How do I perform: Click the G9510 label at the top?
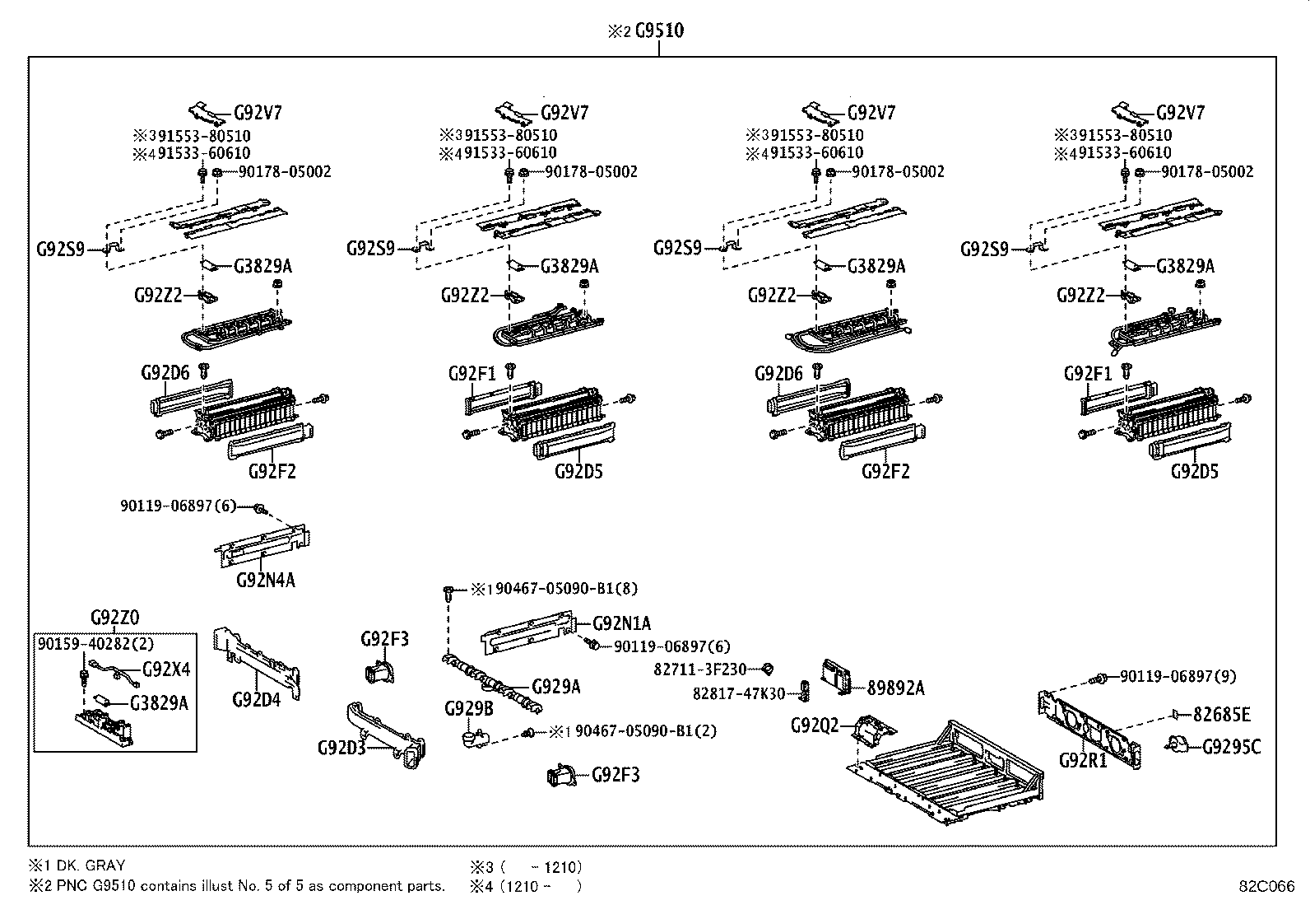[659, 30]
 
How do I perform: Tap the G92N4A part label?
[265, 580]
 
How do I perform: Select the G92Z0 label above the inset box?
[114, 618]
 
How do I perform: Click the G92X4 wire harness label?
[165, 669]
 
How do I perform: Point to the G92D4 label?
[256, 699]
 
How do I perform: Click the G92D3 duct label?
[341, 748]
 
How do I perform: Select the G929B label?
[468, 708]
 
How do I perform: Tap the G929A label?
[555, 686]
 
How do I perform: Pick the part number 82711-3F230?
[699, 670]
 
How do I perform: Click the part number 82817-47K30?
[738, 693]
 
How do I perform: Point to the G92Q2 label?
[815, 725]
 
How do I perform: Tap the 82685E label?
[1221, 714]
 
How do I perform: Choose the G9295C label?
[1231, 747]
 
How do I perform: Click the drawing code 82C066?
[1266, 887]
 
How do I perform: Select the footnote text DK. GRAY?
[89, 865]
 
